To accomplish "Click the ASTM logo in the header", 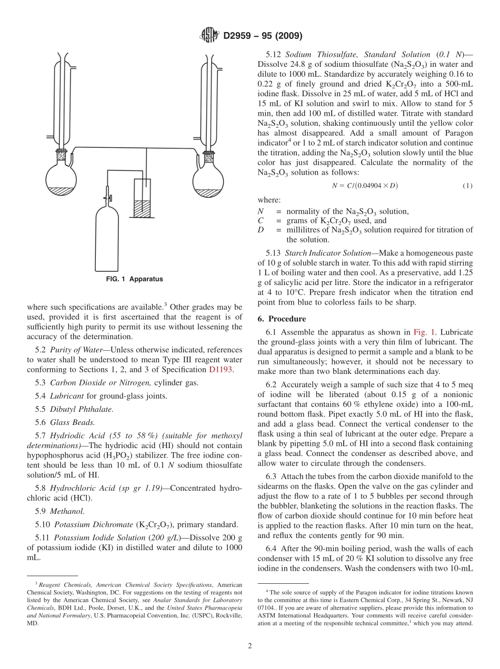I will pos(209,36).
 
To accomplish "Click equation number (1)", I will pos(467,186).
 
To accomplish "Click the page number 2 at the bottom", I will pos(250,645).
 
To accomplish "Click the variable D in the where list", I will pos(261,230).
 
